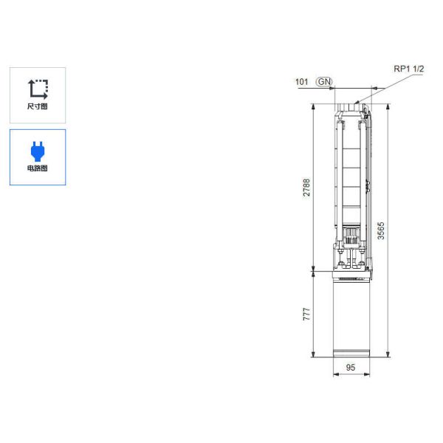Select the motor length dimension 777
[306, 313]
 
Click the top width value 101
[301, 82]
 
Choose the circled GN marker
[324, 82]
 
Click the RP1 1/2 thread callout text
[408, 69]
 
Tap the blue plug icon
[38, 151]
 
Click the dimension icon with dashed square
[38, 89]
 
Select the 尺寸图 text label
[38, 106]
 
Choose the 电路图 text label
[38, 168]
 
